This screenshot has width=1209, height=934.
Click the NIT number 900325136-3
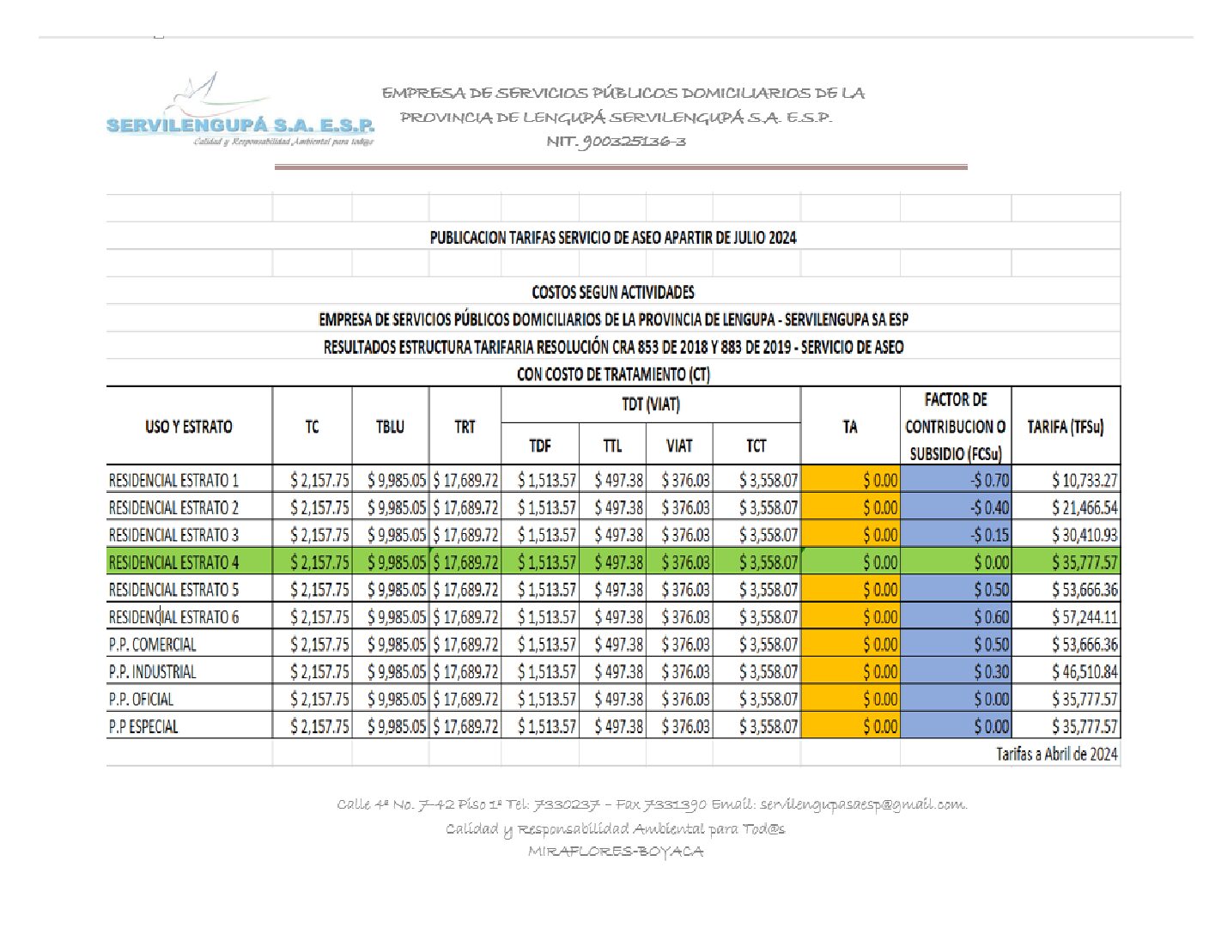pyautogui.click(x=616, y=142)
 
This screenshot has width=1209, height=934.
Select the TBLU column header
pyautogui.click(x=390, y=427)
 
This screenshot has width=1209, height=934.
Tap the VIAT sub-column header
pyautogui.click(x=678, y=446)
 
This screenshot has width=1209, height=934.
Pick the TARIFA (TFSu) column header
pyautogui.click(x=1065, y=427)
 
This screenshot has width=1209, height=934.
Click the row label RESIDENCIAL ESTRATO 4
pyautogui.click(x=173, y=563)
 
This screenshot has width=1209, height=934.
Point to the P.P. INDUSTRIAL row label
pyautogui.click(x=152, y=672)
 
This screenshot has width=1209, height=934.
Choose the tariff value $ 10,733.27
pyautogui.click(x=1084, y=481)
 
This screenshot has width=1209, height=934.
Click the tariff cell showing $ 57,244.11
pyautogui.click(x=1084, y=617)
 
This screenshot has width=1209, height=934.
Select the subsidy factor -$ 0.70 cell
pyautogui.click(x=990, y=481)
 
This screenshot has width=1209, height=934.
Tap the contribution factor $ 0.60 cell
pyautogui.click(x=991, y=617)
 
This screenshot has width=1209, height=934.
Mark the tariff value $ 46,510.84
pyautogui.click(x=1084, y=672)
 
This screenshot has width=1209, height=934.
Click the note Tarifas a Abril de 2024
pyautogui.click(x=1056, y=754)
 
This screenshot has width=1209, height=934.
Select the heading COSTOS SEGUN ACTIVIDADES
pyautogui.click(x=612, y=292)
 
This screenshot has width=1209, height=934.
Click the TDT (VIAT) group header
pyautogui.click(x=650, y=404)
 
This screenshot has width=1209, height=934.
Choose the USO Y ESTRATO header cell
pyautogui.click(x=188, y=427)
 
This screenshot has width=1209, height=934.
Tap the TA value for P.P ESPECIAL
pyautogui.click(x=880, y=727)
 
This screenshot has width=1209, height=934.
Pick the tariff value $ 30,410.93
pyautogui.click(x=1084, y=536)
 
